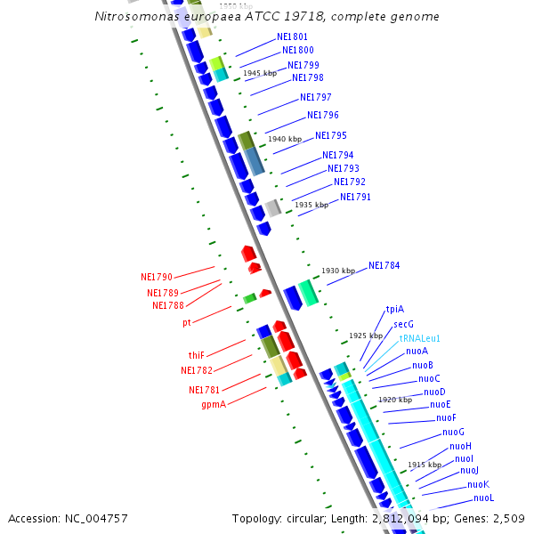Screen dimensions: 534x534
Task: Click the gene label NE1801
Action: (292, 37)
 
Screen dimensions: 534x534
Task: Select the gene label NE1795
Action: (330, 135)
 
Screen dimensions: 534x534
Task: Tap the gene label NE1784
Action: (384, 265)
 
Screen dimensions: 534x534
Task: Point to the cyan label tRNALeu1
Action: (419, 338)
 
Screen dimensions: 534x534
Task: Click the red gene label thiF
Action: (196, 355)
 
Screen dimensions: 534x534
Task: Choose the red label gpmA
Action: (213, 404)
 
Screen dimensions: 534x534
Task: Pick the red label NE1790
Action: (156, 277)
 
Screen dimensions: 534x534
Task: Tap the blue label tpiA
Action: (394, 310)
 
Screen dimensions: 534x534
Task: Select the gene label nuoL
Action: (483, 498)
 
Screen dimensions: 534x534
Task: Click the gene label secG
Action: (403, 324)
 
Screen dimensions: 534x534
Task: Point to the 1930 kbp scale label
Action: (338, 271)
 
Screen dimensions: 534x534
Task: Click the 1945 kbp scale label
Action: (260, 73)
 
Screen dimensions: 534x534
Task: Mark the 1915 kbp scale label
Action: (425, 465)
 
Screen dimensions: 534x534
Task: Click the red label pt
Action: (187, 322)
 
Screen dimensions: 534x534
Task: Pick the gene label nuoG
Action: (453, 432)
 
